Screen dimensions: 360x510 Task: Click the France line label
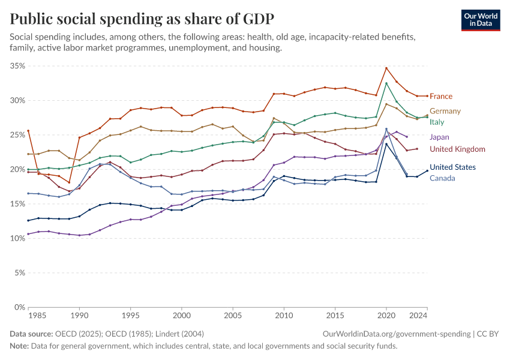pos(441,97)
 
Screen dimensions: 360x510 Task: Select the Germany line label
pos(445,111)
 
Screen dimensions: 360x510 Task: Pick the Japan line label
pos(439,137)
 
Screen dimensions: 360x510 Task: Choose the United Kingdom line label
pos(457,149)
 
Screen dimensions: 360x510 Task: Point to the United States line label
pos(452,167)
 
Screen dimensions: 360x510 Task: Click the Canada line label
pos(442,178)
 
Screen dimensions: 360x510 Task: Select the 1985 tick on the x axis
pos(38,315)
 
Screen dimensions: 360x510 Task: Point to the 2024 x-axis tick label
pos(419,315)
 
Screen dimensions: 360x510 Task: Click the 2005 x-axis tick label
pos(233,315)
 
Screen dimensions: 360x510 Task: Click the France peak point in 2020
pos(386,68)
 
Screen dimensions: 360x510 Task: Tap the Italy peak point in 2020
pos(386,83)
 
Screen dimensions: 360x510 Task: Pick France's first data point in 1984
pos(28,131)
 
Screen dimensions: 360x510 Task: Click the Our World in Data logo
pos(480,20)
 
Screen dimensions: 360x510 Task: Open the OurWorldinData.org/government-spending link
pos(395,334)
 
